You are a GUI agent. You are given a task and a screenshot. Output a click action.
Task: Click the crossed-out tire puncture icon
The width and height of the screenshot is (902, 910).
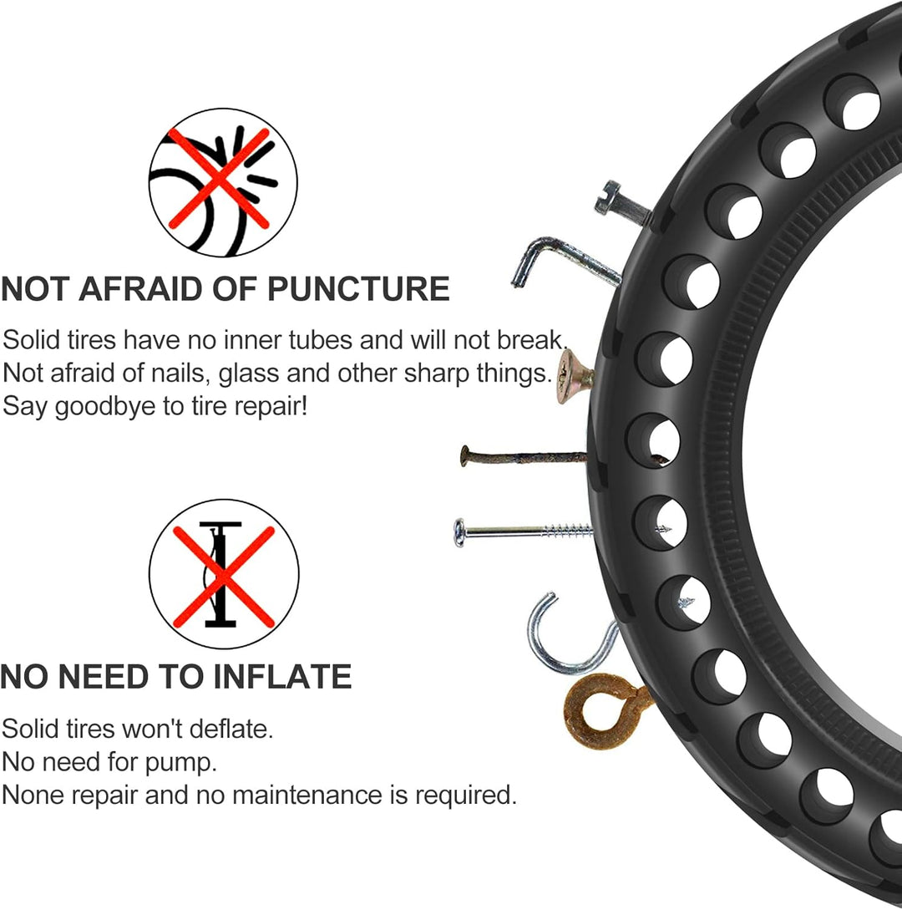[223, 182]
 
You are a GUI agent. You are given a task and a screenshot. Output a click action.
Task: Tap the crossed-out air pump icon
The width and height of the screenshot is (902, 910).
[224, 573]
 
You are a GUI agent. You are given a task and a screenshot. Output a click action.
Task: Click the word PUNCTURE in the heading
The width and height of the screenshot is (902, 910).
[358, 288]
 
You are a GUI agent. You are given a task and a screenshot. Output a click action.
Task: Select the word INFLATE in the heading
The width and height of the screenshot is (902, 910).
[283, 677]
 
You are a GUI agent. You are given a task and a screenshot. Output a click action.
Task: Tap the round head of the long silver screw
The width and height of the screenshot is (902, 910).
[460, 533]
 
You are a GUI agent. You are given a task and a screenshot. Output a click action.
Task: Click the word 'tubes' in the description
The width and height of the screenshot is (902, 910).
[319, 340]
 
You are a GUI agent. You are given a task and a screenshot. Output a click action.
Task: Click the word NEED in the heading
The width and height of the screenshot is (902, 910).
[104, 677]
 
